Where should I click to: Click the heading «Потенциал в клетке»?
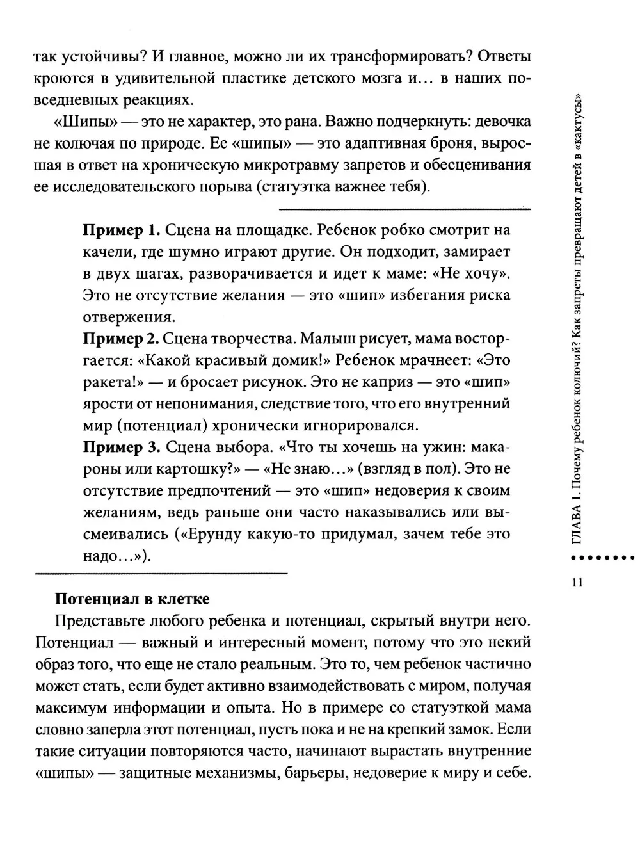click(132, 599)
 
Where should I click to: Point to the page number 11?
click(576, 582)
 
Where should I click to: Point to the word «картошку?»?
click(204, 469)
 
